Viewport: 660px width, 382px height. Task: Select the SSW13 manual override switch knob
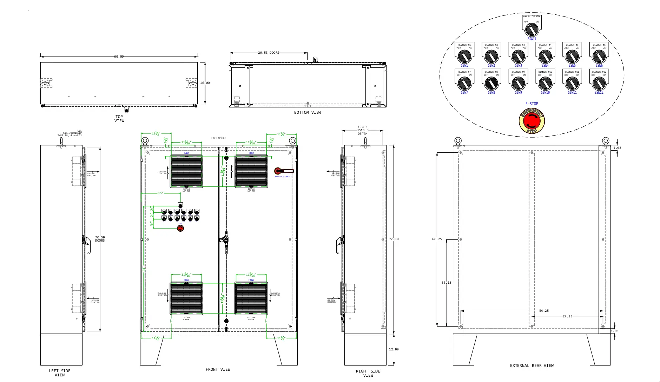tap(532, 29)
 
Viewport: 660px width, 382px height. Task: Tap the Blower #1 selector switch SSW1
tap(464, 56)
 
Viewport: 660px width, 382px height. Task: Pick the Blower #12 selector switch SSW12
tap(599, 83)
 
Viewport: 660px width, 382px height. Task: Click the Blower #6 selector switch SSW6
tap(599, 56)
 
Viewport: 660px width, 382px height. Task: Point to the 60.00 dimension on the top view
tap(119, 57)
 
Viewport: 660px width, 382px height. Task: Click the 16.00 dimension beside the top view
tap(205, 83)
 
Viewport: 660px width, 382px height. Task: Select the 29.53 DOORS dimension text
tap(269, 53)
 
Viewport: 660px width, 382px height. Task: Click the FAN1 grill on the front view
tap(186, 171)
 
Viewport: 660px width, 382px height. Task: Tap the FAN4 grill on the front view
tap(251, 298)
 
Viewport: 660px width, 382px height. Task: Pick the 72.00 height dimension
tap(394, 239)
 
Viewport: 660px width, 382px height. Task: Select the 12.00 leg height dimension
tap(394, 349)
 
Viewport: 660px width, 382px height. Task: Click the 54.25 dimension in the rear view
tap(544, 311)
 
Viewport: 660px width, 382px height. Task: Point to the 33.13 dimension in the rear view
tap(446, 283)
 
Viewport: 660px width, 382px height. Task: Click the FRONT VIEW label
tap(218, 369)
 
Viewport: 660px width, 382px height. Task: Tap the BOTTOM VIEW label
tap(307, 112)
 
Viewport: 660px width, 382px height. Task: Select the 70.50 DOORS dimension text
tap(100, 239)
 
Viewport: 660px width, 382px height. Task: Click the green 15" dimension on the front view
tap(160, 193)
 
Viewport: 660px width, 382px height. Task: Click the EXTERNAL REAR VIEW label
tap(532, 365)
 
